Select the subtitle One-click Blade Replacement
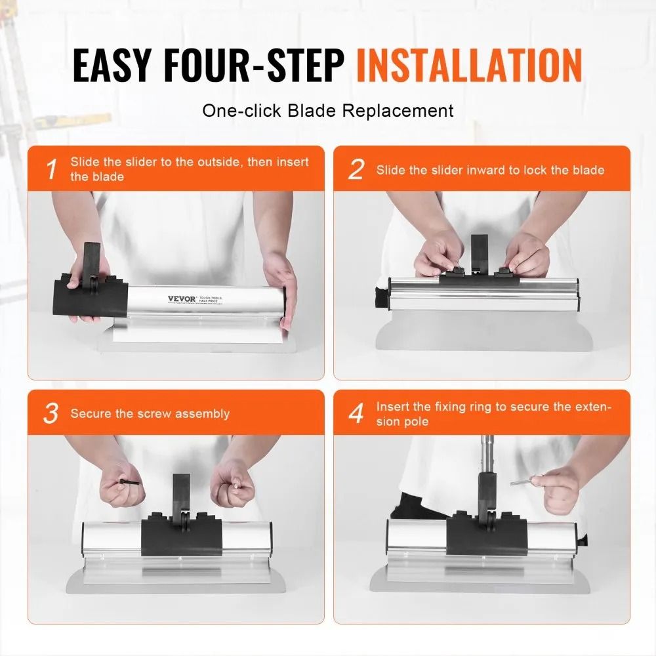tap(327, 110)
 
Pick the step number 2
tap(356, 170)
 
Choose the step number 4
tap(356, 414)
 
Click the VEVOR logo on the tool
tap(181, 299)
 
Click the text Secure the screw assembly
tap(150, 414)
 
